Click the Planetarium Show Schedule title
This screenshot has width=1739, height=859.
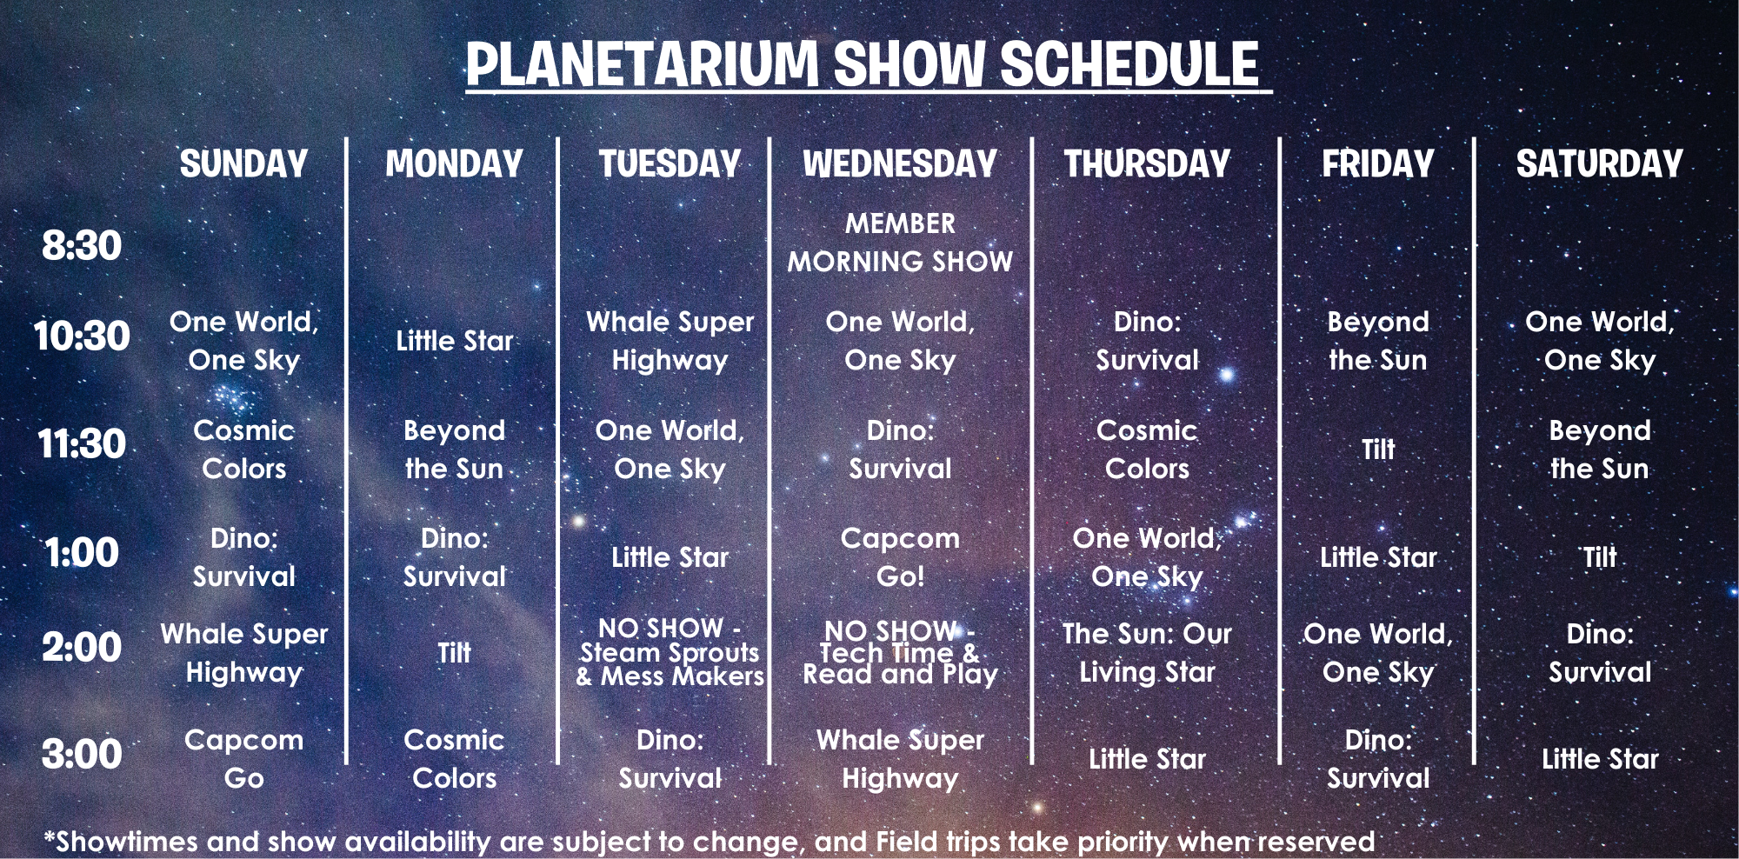pyautogui.click(x=863, y=64)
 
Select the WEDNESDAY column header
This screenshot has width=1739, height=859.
pyautogui.click(x=900, y=164)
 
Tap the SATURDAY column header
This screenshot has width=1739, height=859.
pyautogui.click(x=1600, y=164)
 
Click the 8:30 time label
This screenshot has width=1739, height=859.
pyautogui.click(x=82, y=246)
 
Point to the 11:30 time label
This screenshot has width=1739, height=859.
pyautogui.click(x=82, y=444)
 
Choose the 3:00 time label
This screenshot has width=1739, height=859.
pyautogui.click(x=82, y=755)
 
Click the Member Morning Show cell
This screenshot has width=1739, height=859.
pyautogui.click(x=900, y=243)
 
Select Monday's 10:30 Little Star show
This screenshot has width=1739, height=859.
pyautogui.click(x=455, y=341)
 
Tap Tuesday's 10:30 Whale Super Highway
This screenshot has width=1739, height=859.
pyautogui.click(x=670, y=341)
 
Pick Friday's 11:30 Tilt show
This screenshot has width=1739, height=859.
pyautogui.click(x=1378, y=449)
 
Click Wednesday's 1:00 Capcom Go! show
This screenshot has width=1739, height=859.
pyautogui.click(x=900, y=557)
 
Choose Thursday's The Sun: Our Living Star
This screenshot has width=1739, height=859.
pyautogui.click(x=1147, y=653)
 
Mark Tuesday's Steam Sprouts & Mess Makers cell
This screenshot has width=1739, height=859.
pyautogui.click(x=670, y=652)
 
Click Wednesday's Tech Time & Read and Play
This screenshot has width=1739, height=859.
pyautogui.click(x=900, y=652)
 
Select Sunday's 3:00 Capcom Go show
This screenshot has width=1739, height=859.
pyautogui.click(x=244, y=759)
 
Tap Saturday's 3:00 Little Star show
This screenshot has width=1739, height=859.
pyautogui.click(x=1600, y=759)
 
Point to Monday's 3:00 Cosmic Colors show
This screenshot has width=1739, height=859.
pyautogui.click(x=455, y=759)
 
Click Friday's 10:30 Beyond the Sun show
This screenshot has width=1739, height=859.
pyautogui.click(x=1378, y=341)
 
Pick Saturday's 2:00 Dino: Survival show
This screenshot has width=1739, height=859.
pyautogui.click(x=1600, y=653)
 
